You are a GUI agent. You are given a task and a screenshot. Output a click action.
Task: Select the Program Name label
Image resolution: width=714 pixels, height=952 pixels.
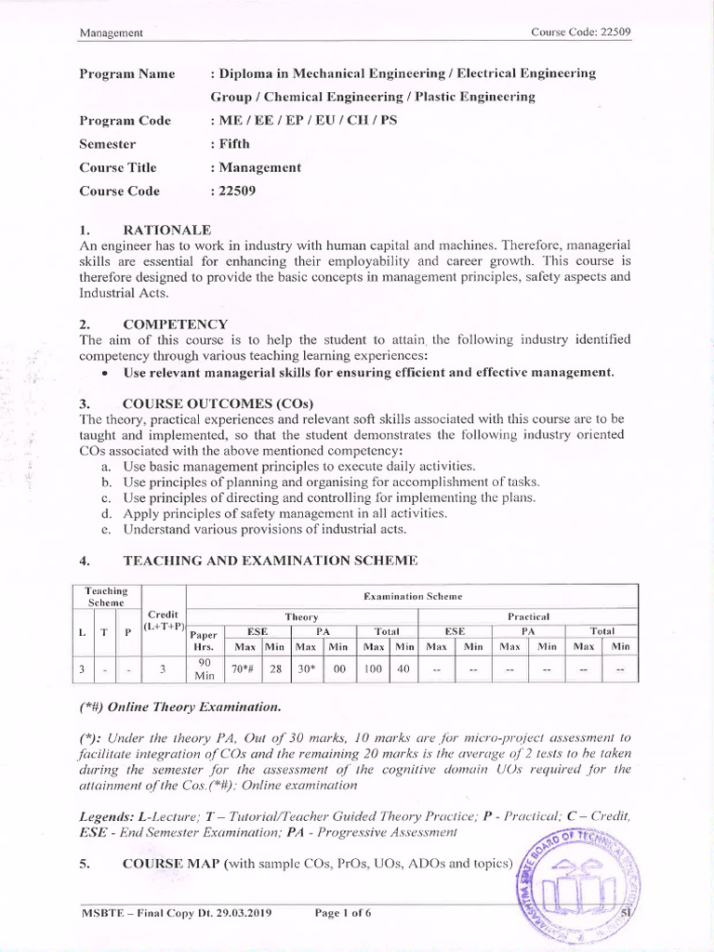127,73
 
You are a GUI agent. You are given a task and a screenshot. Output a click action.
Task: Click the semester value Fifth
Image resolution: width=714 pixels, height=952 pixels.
232,144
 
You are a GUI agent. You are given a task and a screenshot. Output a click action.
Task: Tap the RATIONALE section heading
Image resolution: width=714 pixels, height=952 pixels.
167,230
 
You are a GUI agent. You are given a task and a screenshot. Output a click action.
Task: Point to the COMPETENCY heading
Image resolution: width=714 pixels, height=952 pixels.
175,324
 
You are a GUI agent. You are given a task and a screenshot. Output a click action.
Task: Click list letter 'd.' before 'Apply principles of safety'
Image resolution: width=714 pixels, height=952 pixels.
106,513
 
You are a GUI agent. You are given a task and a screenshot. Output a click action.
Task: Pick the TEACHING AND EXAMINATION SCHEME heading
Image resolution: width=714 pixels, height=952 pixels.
271,561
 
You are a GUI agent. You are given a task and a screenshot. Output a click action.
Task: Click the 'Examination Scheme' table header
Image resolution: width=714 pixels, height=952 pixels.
412,596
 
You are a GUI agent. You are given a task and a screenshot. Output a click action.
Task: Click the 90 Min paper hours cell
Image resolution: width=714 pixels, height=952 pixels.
203,668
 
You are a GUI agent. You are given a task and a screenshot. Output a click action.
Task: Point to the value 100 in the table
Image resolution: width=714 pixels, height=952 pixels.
374,668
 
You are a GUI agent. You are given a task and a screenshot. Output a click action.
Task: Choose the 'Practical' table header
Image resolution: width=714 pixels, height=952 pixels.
528,616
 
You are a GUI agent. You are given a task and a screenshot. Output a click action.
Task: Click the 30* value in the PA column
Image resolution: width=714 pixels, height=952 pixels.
305,668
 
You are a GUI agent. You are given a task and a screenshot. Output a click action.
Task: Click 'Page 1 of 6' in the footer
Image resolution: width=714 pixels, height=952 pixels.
343,913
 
